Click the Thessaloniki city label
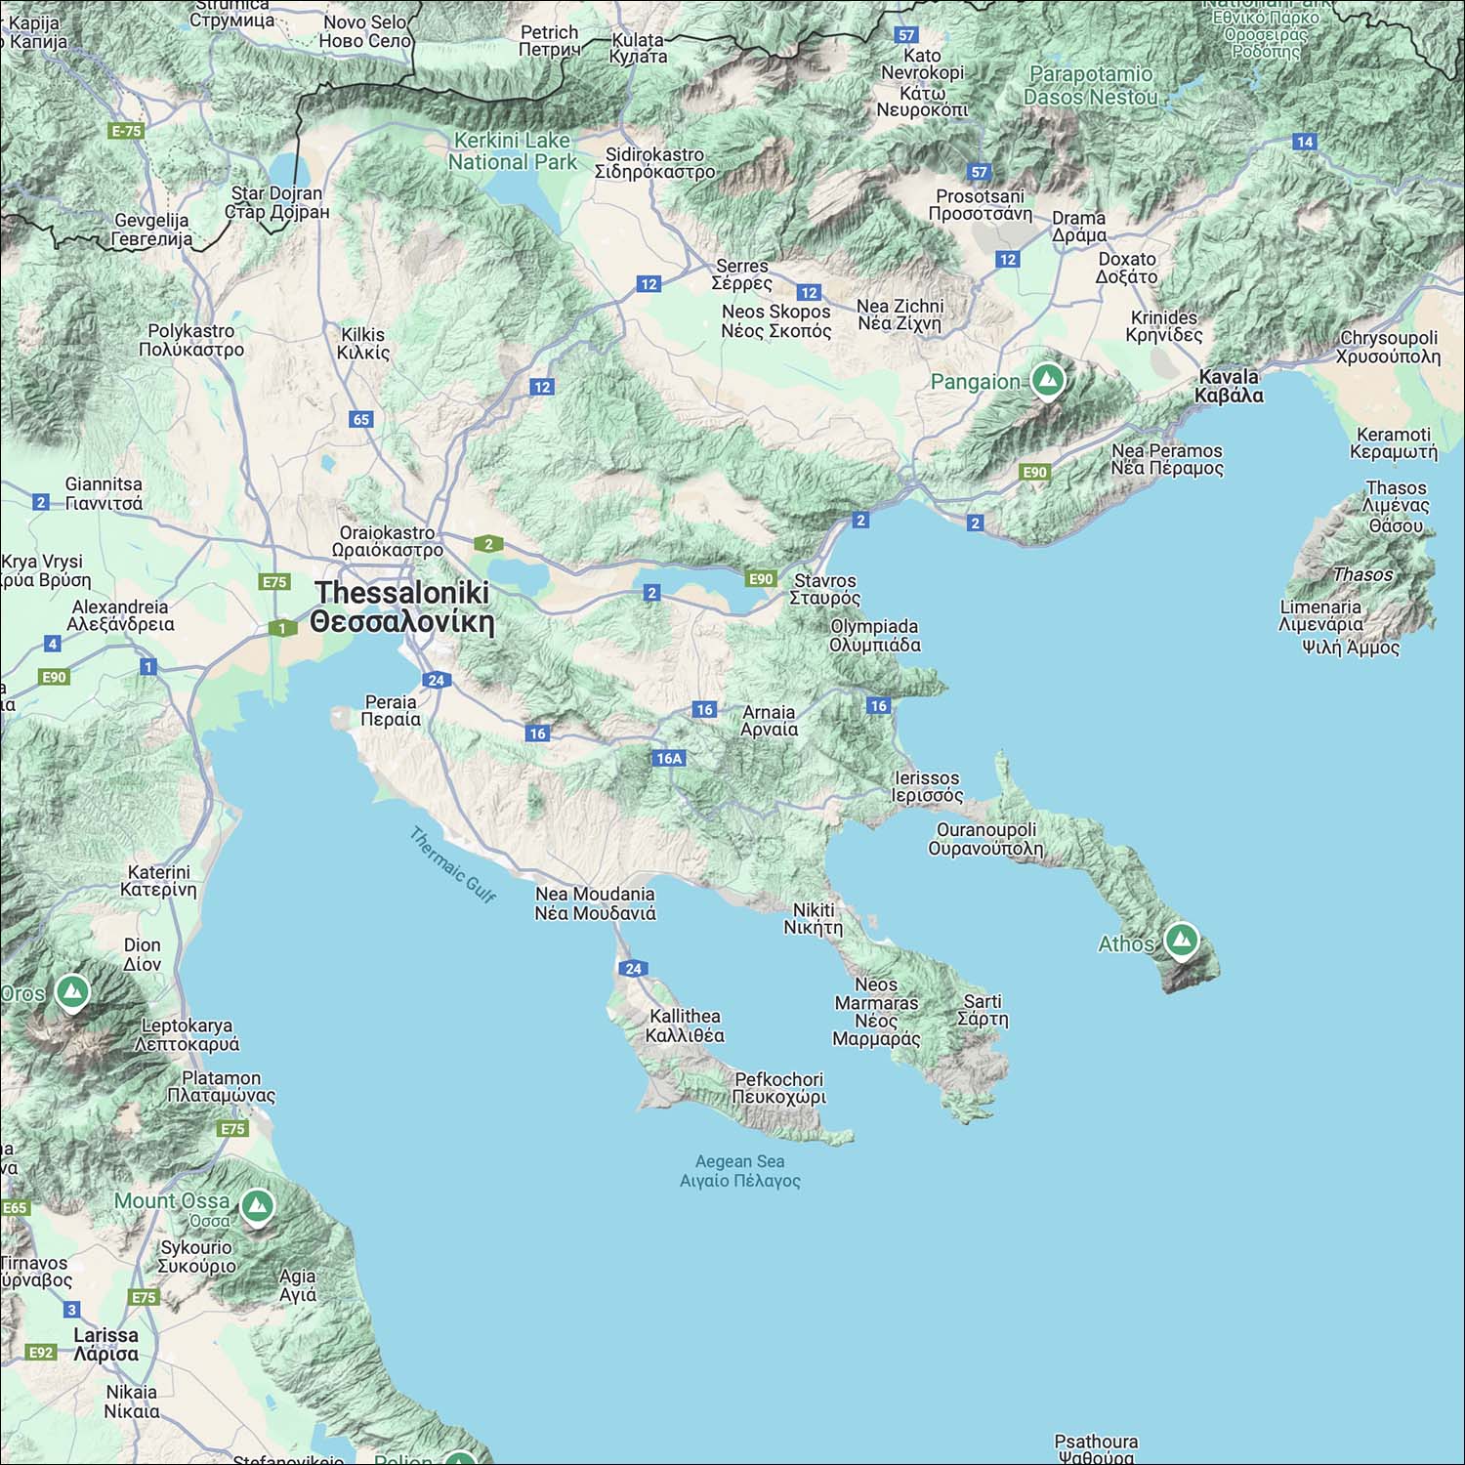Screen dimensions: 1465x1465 tap(401, 607)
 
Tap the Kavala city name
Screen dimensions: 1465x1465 tap(1229, 386)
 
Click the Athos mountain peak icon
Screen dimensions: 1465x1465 tap(1182, 941)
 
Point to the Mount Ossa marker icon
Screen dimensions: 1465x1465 tap(257, 1205)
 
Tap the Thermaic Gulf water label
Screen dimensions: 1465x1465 tap(452, 864)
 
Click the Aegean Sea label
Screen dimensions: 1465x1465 tap(739, 1170)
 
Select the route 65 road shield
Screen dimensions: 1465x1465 tap(361, 419)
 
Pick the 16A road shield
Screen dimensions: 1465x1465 tap(669, 758)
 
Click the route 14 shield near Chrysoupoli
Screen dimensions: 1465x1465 tap(1305, 142)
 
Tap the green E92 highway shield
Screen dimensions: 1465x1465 tap(41, 1352)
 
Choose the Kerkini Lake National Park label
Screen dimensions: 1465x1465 tap(512, 151)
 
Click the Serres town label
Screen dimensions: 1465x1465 tap(742, 274)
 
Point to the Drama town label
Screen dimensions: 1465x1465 tap(1079, 227)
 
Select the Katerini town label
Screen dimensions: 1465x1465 tap(158, 881)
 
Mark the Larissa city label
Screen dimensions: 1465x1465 tap(105, 1344)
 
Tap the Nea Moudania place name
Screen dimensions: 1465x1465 tap(595, 903)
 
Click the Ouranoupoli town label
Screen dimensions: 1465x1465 tap(985, 839)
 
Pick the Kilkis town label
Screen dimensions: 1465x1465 tap(362, 344)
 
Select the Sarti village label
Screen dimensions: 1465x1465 tap(983, 1010)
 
